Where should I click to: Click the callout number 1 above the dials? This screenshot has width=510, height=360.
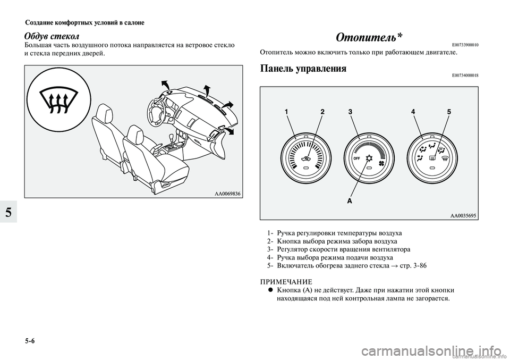point(286,113)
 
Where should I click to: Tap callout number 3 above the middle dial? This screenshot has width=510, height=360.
point(351,113)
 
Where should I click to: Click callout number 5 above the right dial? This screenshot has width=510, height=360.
point(449,113)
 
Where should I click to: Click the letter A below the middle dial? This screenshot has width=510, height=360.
point(350,202)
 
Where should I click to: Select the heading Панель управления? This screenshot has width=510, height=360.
point(302,69)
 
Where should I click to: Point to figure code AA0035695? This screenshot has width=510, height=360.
point(462,216)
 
